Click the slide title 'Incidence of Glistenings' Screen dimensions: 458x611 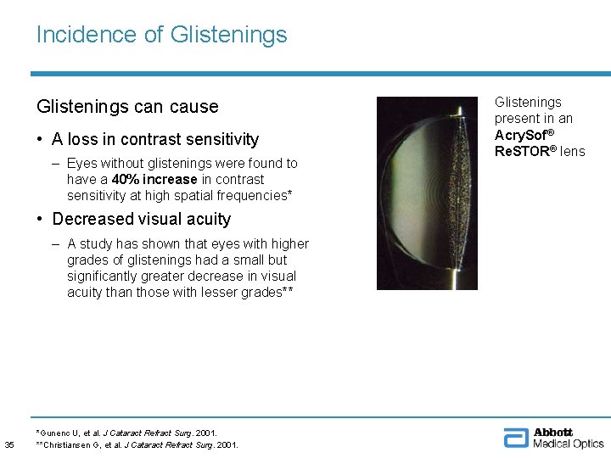click(161, 35)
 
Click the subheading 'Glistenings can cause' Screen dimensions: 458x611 click(127, 107)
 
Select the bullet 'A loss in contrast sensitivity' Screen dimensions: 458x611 click(154, 139)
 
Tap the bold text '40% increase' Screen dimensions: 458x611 click(150, 180)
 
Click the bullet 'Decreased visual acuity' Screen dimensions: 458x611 click(141, 219)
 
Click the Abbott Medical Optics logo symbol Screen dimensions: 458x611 click(516, 438)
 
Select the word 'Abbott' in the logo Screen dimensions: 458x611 click(553, 433)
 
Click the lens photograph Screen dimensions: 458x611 click(427, 193)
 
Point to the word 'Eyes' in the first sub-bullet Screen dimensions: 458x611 click(82, 164)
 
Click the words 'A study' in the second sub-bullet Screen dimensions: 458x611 click(91, 244)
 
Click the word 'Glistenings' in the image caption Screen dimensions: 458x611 click(528, 103)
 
